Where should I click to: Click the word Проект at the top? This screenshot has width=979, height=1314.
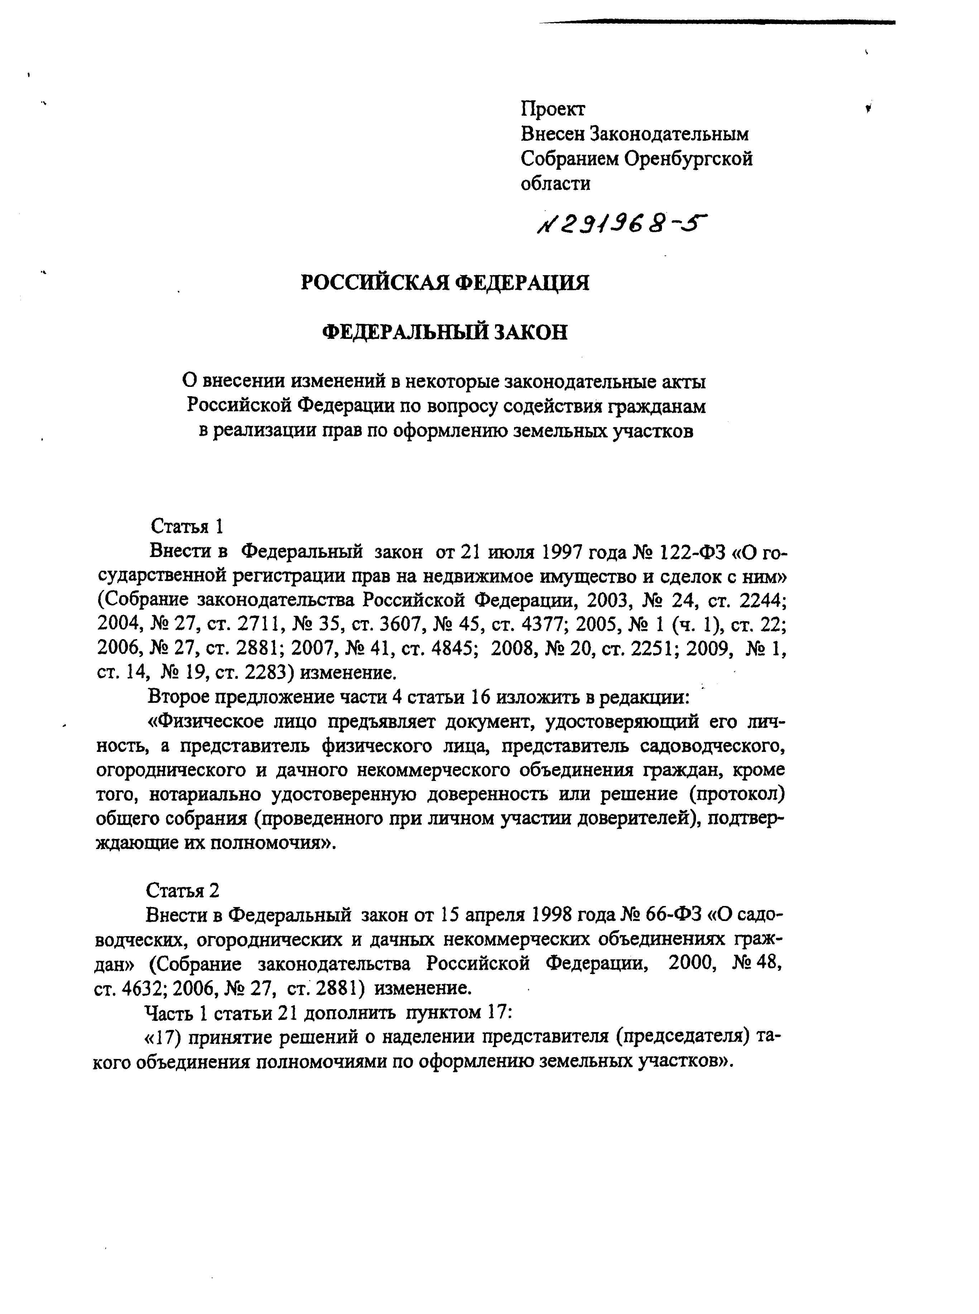pyautogui.click(x=552, y=109)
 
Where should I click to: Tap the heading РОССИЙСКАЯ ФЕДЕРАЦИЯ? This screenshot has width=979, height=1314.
pyautogui.click(x=445, y=282)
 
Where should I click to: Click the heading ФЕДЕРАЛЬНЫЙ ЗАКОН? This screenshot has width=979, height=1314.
pyautogui.click(x=445, y=332)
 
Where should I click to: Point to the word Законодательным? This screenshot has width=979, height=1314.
pyautogui.click(x=669, y=134)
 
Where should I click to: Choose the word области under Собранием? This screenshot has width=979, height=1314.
pyautogui.click(x=555, y=184)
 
